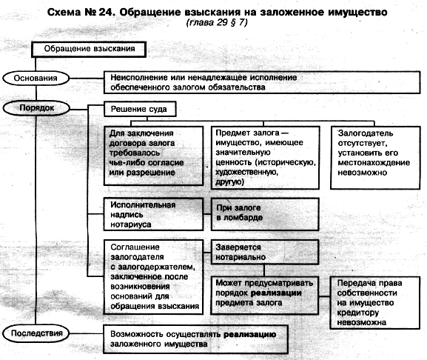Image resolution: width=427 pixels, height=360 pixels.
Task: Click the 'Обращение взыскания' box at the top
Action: [x=89, y=50]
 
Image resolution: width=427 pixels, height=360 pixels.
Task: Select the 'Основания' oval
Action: [x=36, y=79]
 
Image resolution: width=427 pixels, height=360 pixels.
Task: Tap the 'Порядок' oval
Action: [x=36, y=108]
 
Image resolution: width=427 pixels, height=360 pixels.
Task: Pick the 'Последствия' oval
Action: [x=36, y=333]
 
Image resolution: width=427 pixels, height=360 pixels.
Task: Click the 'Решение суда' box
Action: [x=140, y=109]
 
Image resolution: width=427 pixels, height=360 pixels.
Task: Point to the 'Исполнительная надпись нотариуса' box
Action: [x=153, y=215]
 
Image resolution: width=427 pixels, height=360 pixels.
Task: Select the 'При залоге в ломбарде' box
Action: [x=265, y=215]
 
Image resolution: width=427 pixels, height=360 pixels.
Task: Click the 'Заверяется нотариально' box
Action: [x=265, y=252]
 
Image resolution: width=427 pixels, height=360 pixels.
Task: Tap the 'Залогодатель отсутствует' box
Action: [x=375, y=158]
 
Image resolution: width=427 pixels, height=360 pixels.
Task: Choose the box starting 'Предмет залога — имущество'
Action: [x=265, y=158]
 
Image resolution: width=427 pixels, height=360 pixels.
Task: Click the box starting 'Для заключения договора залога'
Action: [x=154, y=156]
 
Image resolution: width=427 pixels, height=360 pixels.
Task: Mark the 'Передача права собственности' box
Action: [x=374, y=303]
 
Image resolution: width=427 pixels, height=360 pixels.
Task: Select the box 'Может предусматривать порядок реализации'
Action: [x=265, y=296]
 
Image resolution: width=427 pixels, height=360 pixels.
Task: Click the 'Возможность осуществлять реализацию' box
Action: [x=195, y=339]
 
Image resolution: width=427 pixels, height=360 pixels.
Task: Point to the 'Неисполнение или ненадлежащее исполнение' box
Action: [x=262, y=82]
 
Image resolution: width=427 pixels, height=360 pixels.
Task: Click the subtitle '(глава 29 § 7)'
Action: [x=217, y=22]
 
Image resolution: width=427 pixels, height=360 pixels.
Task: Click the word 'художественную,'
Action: [x=246, y=173]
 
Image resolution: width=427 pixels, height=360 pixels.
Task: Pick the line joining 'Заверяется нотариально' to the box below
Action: [x=264, y=270]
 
